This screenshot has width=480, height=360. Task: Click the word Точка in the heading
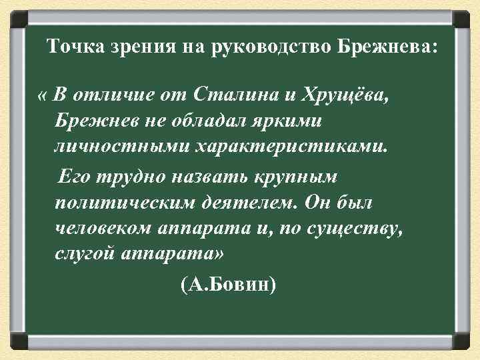pyautogui.click(x=74, y=48)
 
